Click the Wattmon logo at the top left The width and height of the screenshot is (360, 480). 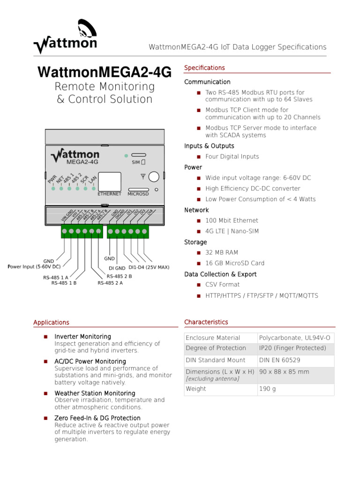pos(65,37)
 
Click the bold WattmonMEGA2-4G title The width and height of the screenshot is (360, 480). pos(105,72)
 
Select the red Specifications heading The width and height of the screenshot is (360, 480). pos(204,68)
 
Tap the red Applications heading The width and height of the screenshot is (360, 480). pos(51,322)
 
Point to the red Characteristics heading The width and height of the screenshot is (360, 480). pos(206,322)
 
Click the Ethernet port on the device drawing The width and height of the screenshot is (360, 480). pos(109,181)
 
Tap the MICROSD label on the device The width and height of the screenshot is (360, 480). pos(138,194)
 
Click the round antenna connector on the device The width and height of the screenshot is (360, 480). pos(154,177)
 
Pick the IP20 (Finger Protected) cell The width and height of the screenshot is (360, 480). pos(292,348)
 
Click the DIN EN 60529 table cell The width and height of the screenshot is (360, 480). pos(279,360)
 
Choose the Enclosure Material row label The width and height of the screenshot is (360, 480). pos(213,338)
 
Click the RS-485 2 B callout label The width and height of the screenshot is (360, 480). pos(119,277)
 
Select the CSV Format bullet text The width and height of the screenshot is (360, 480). pos(222,285)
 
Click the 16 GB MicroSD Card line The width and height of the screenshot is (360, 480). pos(235,263)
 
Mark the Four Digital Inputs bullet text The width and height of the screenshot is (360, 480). pos(232,157)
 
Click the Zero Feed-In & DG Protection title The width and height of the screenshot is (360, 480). pos(97,418)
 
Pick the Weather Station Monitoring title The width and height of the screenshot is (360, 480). pos(95,393)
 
